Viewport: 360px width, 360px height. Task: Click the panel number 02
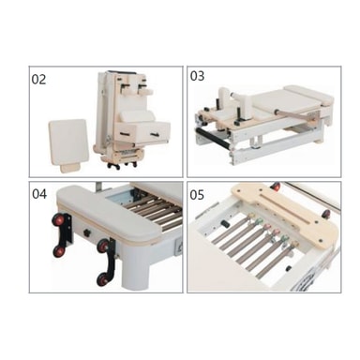pyautogui.click(x=38, y=80)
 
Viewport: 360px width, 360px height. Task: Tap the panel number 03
pyautogui.click(x=197, y=76)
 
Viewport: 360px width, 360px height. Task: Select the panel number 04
pyautogui.click(x=39, y=194)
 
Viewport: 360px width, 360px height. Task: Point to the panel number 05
pyautogui.click(x=197, y=195)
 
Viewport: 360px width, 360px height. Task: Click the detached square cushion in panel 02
pyautogui.click(x=68, y=143)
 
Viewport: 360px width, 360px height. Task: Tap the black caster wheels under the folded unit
pyautogui.click(x=122, y=165)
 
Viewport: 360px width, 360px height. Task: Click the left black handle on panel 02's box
pyautogui.click(x=125, y=134)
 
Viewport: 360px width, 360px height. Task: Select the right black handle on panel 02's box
pyautogui.click(x=155, y=135)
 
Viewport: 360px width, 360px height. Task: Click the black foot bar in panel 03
pyautogui.click(x=213, y=138)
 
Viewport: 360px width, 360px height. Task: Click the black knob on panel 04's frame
pyautogui.click(x=86, y=232)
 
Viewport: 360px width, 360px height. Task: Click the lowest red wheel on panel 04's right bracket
pyautogui.click(x=102, y=279)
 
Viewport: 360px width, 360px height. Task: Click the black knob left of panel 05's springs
pyautogui.click(x=223, y=224)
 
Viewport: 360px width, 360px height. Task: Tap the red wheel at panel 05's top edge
pyautogui.click(x=276, y=187)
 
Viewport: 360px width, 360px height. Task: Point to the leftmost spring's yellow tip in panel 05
pyautogui.click(x=250, y=216)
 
